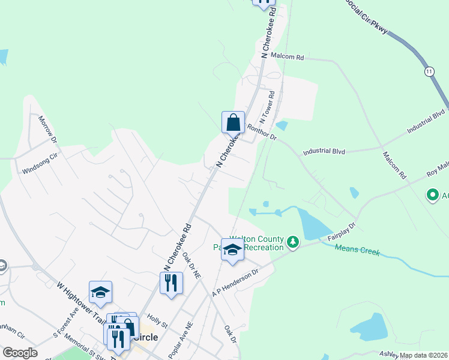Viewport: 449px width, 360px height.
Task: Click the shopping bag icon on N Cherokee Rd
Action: click(233, 122)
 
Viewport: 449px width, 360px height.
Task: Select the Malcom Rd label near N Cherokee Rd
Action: click(288, 57)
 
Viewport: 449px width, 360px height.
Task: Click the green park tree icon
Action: click(292, 242)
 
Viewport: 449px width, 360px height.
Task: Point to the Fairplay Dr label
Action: click(342, 232)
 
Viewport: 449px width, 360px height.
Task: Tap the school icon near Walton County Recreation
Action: click(232, 250)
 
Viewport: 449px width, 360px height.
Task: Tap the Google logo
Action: click(20, 353)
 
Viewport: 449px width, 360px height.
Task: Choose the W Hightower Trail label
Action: click(79, 300)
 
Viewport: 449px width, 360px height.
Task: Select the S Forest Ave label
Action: click(65, 321)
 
